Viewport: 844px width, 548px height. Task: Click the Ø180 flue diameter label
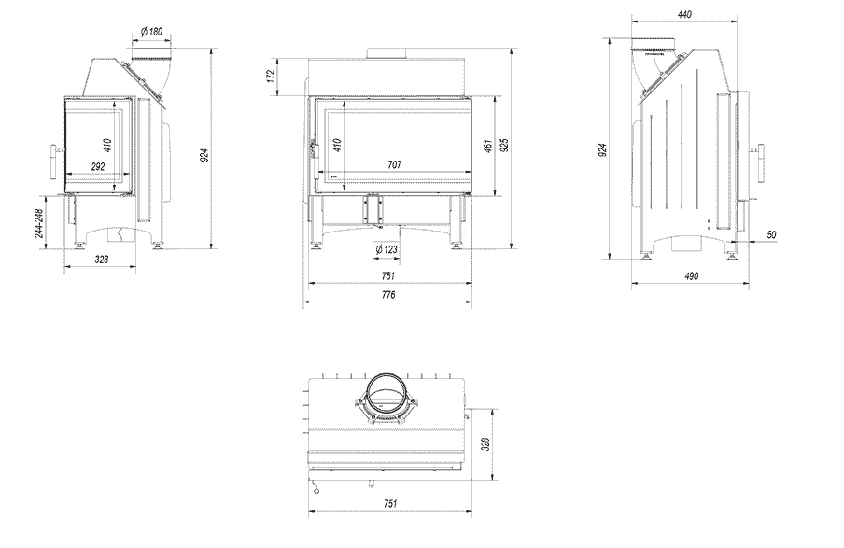click(x=151, y=32)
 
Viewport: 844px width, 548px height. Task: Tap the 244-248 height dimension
click(x=39, y=221)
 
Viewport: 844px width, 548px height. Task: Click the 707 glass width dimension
click(x=394, y=164)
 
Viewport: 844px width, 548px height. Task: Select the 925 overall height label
click(x=505, y=146)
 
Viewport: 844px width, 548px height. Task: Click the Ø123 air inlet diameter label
click(x=387, y=249)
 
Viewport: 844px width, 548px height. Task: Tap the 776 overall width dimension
click(x=388, y=295)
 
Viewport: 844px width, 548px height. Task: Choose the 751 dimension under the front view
click(x=388, y=275)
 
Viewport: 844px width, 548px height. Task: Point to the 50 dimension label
click(x=771, y=234)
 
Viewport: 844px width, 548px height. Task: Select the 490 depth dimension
click(x=691, y=276)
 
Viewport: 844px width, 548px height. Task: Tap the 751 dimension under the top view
click(x=390, y=504)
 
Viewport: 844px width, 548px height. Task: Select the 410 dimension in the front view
click(x=336, y=146)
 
